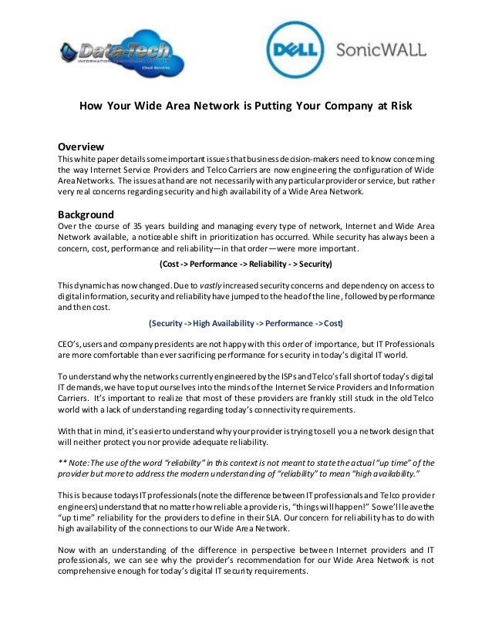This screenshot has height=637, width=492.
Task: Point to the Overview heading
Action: tap(82, 147)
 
